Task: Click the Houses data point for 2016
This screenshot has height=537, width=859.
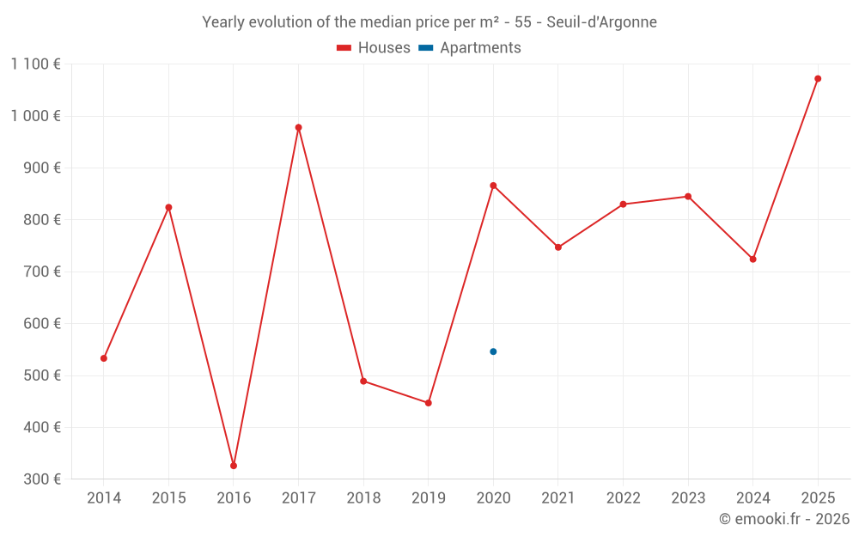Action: pos(234,466)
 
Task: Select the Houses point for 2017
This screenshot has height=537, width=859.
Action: pos(298,127)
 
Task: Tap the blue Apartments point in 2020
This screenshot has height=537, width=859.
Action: pos(493,351)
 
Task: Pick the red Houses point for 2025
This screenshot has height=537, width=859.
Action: pos(818,78)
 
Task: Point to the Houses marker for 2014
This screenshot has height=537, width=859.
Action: pos(104,358)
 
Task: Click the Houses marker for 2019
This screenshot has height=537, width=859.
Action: pos(428,403)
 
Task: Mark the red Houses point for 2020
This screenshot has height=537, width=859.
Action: pos(493,186)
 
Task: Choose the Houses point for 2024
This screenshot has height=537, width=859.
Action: pos(752,259)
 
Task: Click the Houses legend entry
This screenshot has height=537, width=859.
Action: pos(374,48)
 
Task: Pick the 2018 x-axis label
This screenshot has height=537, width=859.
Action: pos(363,498)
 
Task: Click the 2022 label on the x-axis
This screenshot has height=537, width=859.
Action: pos(623,498)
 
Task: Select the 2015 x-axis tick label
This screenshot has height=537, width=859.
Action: pos(168,498)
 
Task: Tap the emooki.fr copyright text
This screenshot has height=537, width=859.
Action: pos(784,519)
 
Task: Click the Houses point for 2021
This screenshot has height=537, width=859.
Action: pos(558,247)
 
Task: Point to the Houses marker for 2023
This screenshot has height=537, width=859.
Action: pos(688,197)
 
